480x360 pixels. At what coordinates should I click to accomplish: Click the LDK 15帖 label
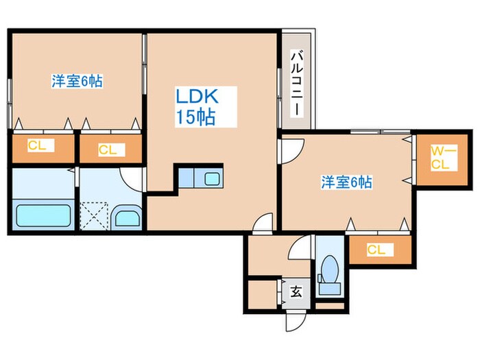(197, 107)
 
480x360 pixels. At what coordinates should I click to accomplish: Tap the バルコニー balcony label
(297, 84)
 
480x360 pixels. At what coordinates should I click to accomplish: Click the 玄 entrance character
(296, 291)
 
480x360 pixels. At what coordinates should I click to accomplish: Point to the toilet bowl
(330, 269)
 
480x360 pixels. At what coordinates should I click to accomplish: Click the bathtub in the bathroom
(43, 215)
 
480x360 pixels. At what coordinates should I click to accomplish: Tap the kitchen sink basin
(211, 179)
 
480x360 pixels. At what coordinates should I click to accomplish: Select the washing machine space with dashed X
(94, 215)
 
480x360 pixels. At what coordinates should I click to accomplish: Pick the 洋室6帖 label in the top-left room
(77, 81)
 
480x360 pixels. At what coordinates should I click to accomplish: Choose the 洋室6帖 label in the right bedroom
(346, 182)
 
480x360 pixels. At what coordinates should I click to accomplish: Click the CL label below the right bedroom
(376, 250)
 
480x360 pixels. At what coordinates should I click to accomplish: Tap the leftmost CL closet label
(37, 145)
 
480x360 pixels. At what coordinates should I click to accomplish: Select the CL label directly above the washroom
(108, 150)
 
